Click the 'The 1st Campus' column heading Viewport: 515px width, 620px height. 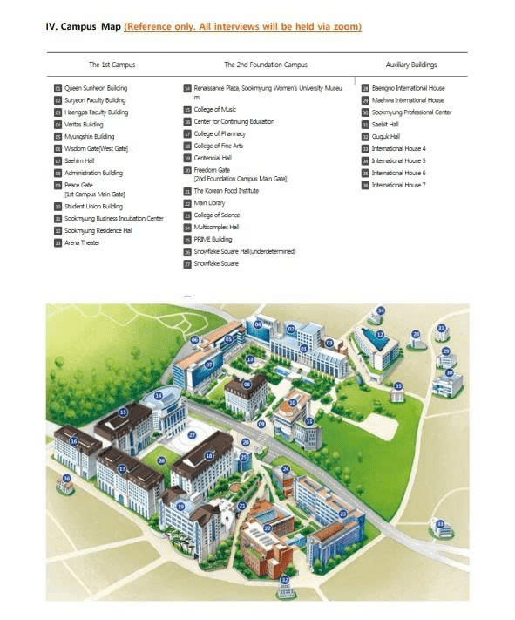pos(112,65)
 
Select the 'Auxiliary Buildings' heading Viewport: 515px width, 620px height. pos(410,65)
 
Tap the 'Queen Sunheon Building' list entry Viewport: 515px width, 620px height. pos(96,88)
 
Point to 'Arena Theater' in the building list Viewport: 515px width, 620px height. pos(82,242)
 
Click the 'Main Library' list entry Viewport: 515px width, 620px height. pos(210,203)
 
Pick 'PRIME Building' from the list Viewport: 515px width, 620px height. pos(213,239)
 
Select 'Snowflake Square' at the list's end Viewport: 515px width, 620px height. pos(215,263)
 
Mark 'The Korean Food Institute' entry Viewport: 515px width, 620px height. pos(226,191)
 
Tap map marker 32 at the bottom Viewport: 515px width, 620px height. pos(284,579)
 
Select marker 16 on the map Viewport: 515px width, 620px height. pos(73,442)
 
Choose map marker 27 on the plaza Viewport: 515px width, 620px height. pos(192,434)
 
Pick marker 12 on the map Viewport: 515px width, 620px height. pos(380,334)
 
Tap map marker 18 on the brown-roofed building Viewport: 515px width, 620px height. pos(208,455)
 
